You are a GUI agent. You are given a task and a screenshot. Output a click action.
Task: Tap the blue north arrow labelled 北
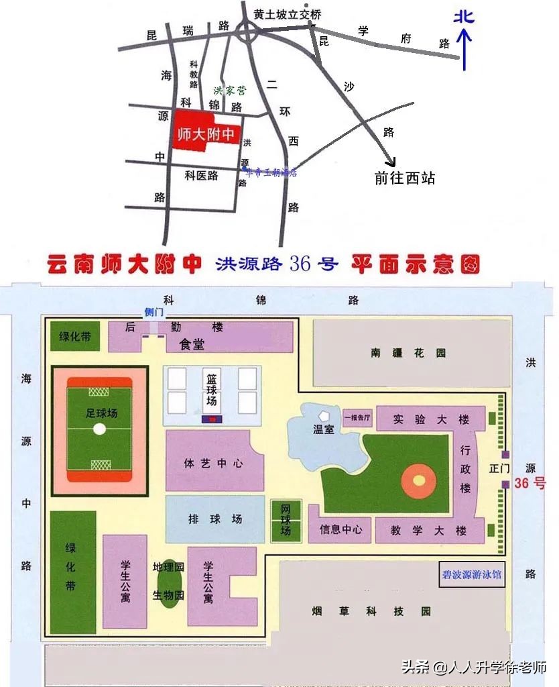click(x=464, y=40)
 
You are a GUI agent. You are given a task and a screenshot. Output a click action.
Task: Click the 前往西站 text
click(x=405, y=178)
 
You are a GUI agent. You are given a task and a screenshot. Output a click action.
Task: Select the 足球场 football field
click(x=99, y=429)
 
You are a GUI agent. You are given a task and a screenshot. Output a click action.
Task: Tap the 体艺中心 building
click(x=213, y=464)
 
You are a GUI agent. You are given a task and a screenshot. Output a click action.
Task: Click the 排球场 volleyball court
click(x=214, y=519)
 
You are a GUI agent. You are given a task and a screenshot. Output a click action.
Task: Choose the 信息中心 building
click(x=341, y=530)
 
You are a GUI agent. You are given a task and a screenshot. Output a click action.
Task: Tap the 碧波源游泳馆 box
click(x=471, y=575)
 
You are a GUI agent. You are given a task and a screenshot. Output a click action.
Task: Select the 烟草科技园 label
click(x=371, y=611)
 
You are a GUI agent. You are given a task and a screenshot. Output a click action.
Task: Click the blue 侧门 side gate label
click(x=154, y=312)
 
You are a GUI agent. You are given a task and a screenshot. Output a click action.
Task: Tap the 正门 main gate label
click(x=499, y=468)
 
